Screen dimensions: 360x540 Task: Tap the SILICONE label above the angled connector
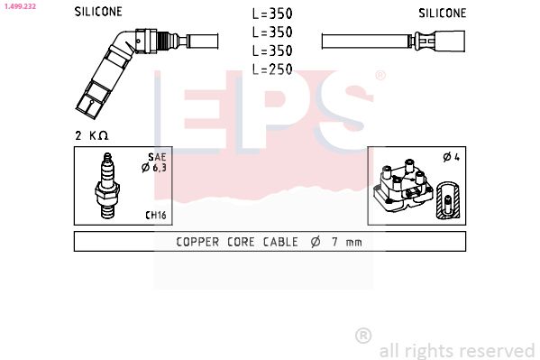coord(97,13)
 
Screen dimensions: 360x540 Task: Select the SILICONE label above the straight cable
coord(442,13)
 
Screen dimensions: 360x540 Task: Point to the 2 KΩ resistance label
coord(91,134)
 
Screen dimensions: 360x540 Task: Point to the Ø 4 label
coord(450,157)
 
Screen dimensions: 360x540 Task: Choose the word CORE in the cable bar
coord(243,241)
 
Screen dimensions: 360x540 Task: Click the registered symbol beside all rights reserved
coord(363,336)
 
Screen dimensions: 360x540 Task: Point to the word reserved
coord(498,350)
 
